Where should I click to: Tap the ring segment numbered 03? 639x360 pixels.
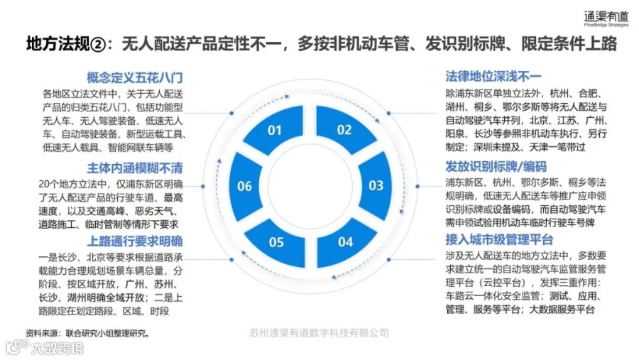tap(376, 186)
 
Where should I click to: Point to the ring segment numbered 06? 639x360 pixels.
tap(246, 186)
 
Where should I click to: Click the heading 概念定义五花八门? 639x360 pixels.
tap(134, 77)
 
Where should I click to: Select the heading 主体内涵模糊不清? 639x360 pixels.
tap(134, 168)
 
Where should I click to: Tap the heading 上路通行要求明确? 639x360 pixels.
tap(134, 241)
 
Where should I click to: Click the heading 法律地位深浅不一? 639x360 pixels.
tap(493, 76)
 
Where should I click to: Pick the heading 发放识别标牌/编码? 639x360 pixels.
tap(496, 166)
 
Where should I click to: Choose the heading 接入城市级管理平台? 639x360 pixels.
tap(499, 239)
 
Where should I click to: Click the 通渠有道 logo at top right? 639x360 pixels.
tap(606, 18)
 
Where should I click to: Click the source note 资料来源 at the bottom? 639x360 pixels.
tap(87, 333)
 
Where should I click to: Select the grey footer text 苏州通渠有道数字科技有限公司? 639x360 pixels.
tap(319, 333)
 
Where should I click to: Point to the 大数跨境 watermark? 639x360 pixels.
tap(45, 348)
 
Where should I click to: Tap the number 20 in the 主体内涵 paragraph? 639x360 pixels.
tap(44, 185)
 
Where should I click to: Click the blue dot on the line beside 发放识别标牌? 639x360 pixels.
tap(417, 186)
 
